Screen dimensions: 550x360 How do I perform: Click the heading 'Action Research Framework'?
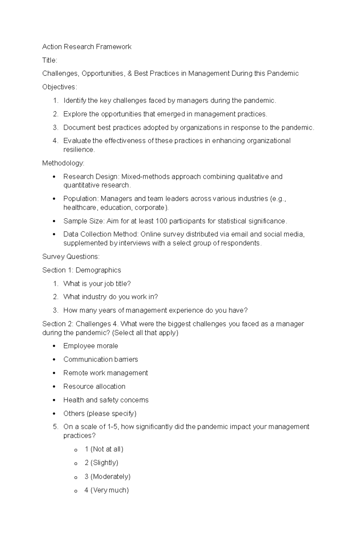87,47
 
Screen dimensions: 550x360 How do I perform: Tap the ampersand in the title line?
130,74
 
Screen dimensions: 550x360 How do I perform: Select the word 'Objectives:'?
60,87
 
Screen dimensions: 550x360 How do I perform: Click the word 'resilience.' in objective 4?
79,150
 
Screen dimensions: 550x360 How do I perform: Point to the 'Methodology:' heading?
63,163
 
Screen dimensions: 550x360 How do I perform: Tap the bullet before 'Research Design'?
54,177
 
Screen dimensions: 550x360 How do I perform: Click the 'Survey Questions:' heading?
71,257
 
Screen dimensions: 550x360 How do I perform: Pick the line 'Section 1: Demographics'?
82,270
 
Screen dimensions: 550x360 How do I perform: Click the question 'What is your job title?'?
97,284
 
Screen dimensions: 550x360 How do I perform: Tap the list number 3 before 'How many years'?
55,311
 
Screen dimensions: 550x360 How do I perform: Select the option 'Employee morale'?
91,346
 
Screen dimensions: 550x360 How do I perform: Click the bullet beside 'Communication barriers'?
54,360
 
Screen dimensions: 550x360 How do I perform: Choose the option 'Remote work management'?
106,373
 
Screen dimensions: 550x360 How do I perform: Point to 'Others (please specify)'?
100,414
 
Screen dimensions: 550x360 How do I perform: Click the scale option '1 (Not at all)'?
104,449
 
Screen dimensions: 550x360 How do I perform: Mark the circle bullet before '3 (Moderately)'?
76,477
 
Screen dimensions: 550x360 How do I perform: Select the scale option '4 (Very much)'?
106,490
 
